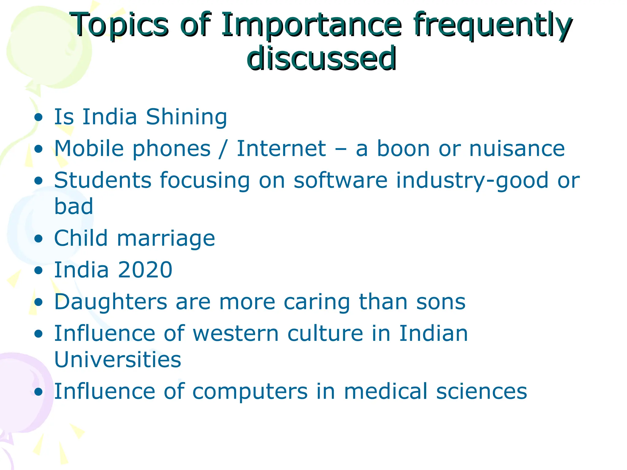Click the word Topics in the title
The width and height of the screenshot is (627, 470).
[120, 25]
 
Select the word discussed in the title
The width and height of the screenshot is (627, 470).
[321, 58]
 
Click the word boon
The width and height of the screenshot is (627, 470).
[403, 149]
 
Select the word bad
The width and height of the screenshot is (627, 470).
[73, 207]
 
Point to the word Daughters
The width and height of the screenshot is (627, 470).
[111, 302]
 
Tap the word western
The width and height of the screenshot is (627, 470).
[235, 334]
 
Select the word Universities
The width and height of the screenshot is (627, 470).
[118, 360]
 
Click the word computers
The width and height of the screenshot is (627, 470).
[250, 392]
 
